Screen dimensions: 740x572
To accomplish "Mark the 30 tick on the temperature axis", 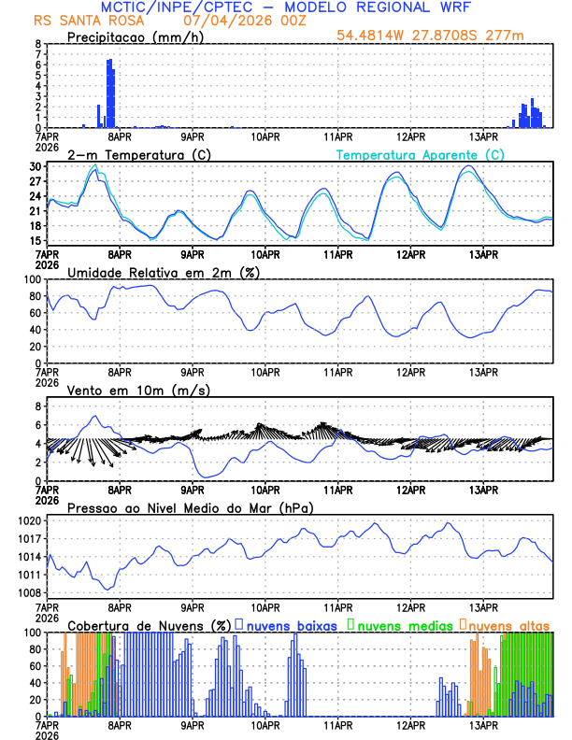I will coord(35,166).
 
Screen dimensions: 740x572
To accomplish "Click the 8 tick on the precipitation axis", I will coord(37,44).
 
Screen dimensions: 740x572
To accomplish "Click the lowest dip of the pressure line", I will coord(108,589).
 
